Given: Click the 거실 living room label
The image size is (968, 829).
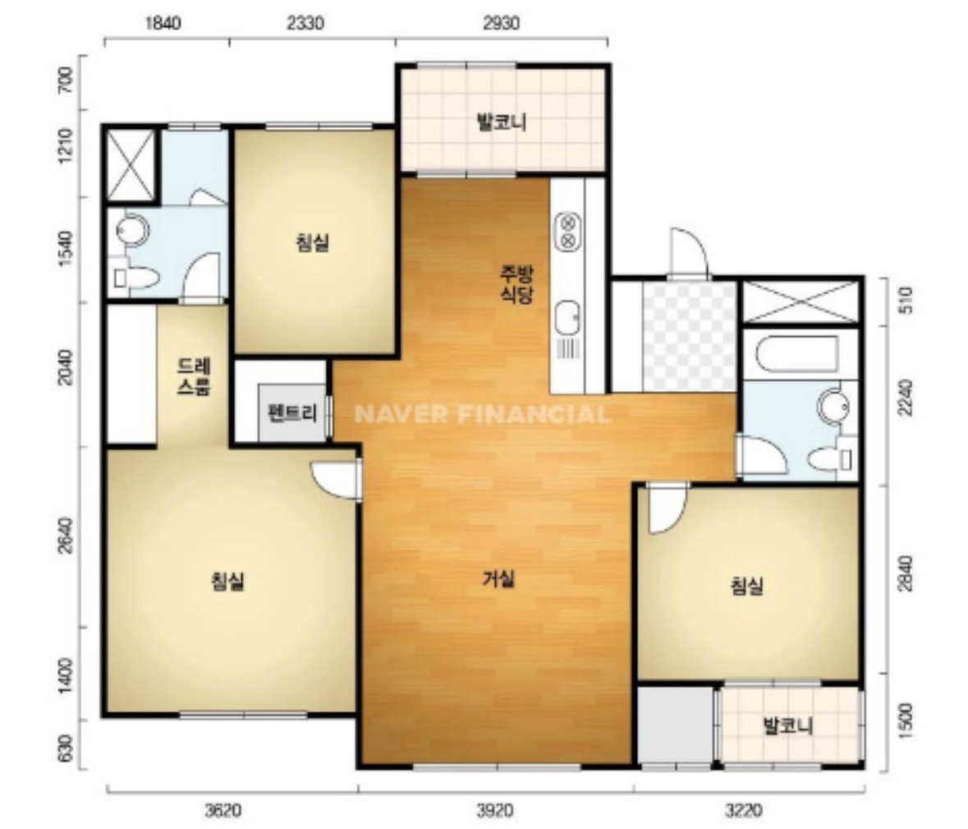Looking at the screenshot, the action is click(x=498, y=579).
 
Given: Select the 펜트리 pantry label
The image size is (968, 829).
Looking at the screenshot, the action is click(x=292, y=412).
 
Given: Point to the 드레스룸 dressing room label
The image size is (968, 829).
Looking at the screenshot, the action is click(x=194, y=377).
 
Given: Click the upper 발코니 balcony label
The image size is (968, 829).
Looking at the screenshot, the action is click(x=502, y=122).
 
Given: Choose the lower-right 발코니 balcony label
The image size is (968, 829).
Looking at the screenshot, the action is click(x=788, y=725).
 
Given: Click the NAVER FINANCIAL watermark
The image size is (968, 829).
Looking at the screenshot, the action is click(x=483, y=414).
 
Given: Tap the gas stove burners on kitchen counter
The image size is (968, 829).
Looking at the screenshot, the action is click(x=569, y=231).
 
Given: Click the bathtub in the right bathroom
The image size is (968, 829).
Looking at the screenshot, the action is click(x=796, y=354).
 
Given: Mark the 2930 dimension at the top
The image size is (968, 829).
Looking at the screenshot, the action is click(x=502, y=23).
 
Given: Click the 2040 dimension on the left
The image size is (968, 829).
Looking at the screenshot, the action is click(x=66, y=367).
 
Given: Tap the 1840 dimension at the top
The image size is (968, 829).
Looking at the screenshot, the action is click(x=163, y=23).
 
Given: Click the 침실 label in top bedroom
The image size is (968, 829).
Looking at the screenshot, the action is click(x=312, y=242).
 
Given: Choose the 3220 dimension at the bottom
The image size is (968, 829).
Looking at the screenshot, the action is click(x=745, y=810).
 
